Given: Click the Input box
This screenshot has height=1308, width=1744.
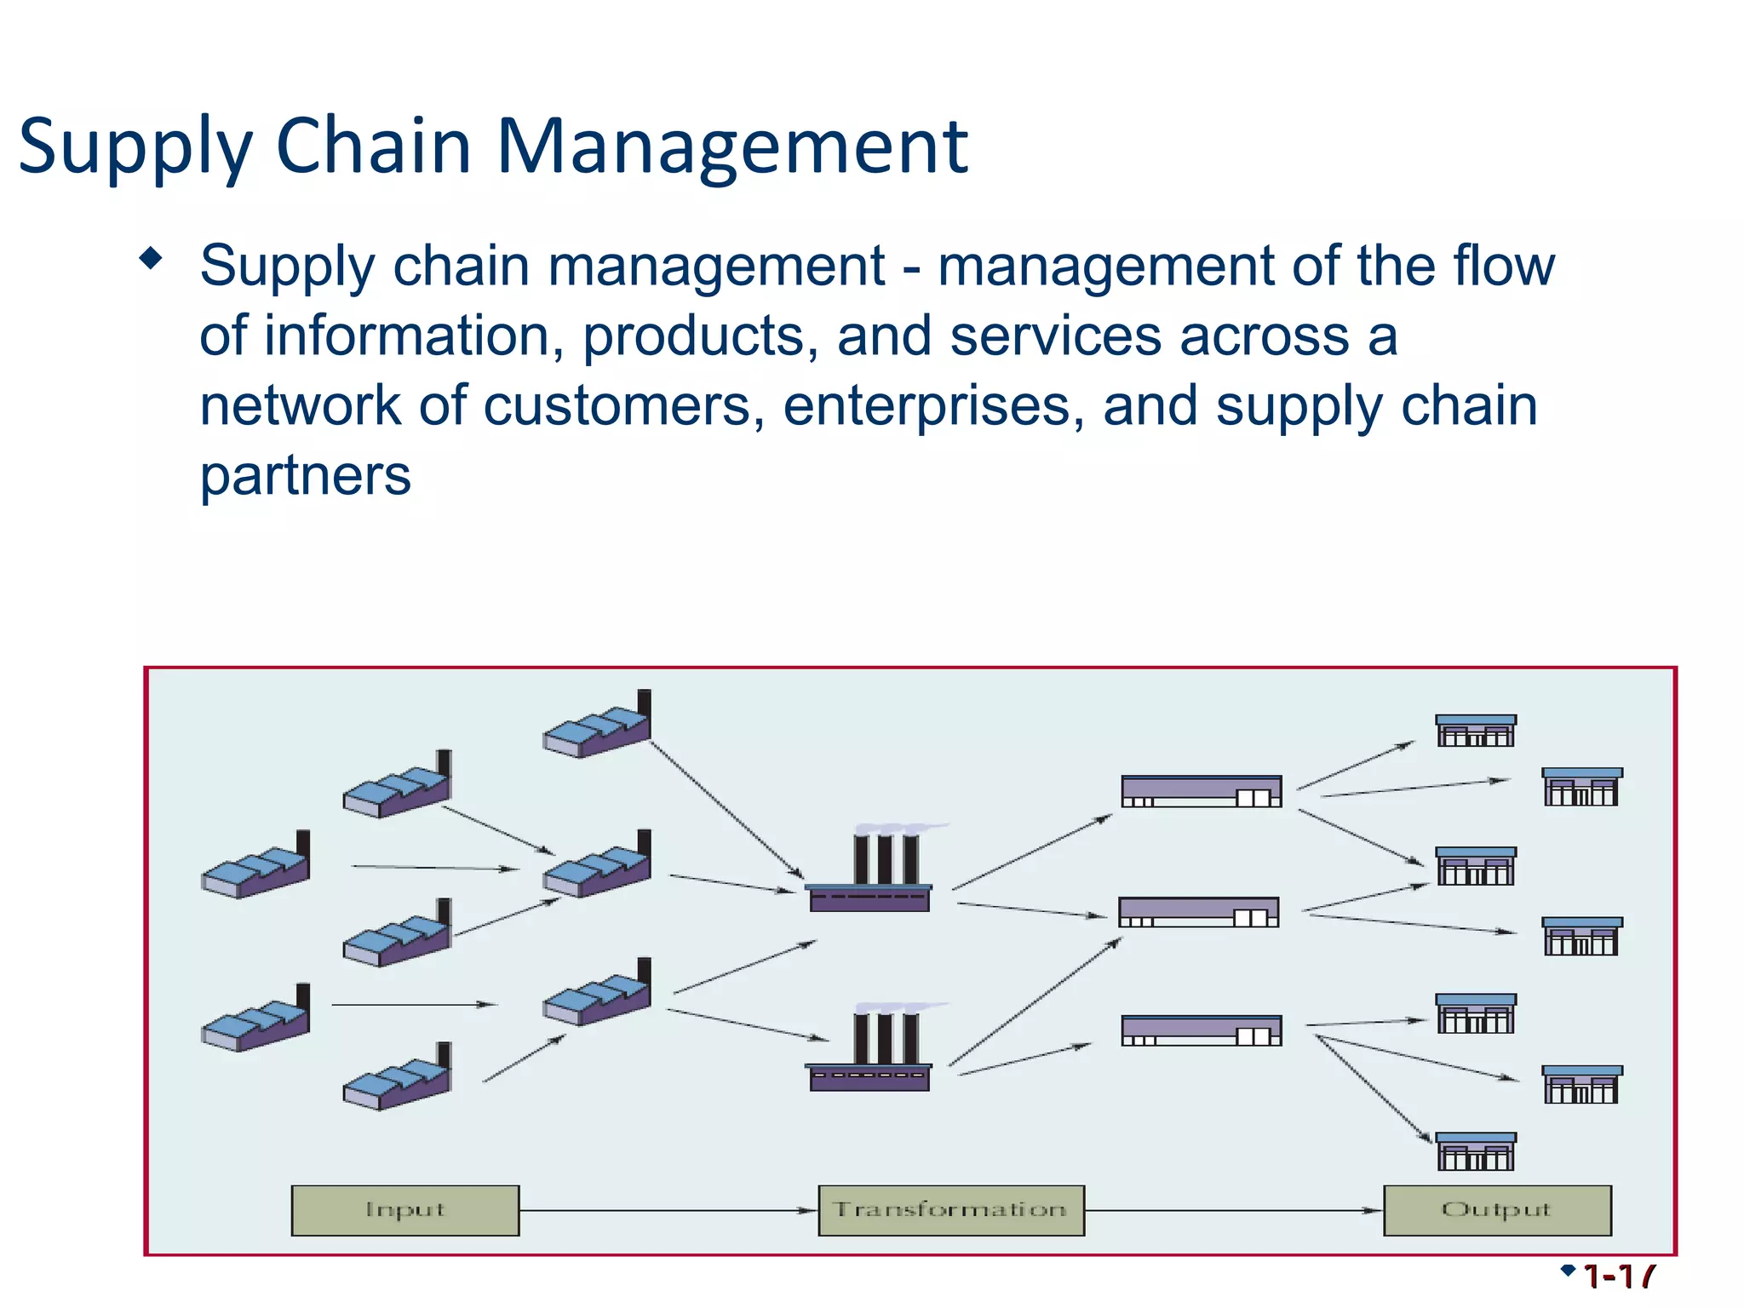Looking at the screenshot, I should (404, 1210).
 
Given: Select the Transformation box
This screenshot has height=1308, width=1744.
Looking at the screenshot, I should (950, 1210).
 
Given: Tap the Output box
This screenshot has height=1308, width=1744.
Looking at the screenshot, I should (1496, 1210).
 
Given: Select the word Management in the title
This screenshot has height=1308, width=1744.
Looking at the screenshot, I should (731, 146).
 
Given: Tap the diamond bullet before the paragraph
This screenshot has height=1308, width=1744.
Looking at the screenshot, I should (151, 258).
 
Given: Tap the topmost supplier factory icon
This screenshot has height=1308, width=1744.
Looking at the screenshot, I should (598, 726).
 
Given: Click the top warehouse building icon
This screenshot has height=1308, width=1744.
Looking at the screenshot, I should (1201, 791).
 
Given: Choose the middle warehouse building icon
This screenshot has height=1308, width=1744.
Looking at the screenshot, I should (1198, 912).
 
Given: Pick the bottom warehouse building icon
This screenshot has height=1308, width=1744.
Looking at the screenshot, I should (1201, 1030).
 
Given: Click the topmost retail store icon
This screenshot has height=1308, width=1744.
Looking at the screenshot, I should (1476, 731).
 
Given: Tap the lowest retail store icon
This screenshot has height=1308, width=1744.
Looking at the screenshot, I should (1476, 1151).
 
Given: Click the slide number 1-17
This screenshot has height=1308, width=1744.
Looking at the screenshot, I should (1618, 1277).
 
